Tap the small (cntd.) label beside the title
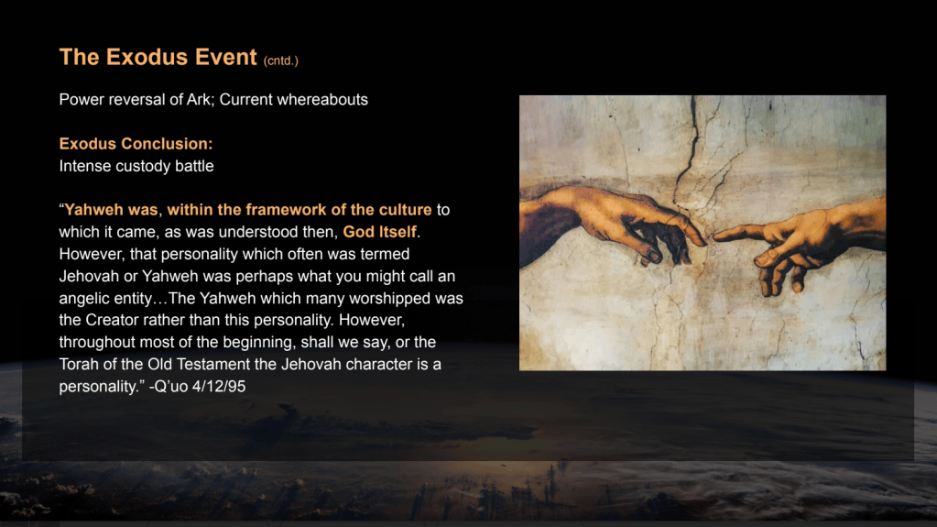pos(281,60)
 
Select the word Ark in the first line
pos(199,99)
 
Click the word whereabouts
pos(322,99)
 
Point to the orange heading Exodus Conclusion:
pos(136,144)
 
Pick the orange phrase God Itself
pos(379,232)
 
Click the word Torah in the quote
pos(78,364)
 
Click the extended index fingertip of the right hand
pos(716,236)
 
